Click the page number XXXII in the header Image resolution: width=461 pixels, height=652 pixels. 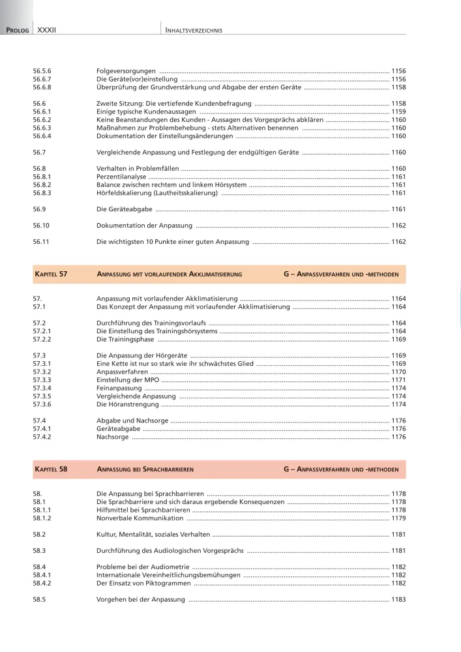click(x=47, y=30)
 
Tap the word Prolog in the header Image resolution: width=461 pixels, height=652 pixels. click(x=18, y=30)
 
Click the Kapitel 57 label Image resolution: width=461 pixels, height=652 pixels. click(x=50, y=274)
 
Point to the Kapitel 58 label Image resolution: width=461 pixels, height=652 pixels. click(x=50, y=469)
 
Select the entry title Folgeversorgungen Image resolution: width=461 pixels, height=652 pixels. click(x=126, y=70)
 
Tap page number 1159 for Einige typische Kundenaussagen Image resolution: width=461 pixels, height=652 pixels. click(x=398, y=111)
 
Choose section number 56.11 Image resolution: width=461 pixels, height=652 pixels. click(x=41, y=242)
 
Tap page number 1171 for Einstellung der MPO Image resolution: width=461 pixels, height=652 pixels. click(x=398, y=379)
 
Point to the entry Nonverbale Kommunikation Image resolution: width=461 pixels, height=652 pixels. click(x=140, y=518)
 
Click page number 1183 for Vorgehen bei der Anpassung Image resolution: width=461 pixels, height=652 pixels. click(x=398, y=599)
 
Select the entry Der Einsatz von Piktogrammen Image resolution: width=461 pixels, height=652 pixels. click(x=143, y=583)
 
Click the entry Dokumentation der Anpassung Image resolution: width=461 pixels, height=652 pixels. click(x=144, y=226)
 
